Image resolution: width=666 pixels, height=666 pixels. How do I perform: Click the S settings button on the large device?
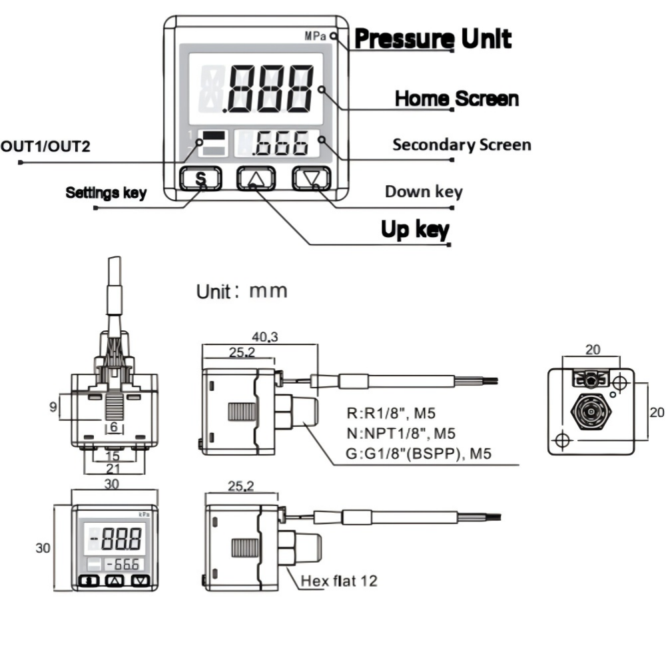pos(201,178)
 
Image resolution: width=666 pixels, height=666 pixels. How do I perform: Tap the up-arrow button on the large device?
pos(256,178)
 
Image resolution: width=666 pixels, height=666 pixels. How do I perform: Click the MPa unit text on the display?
pos(315,37)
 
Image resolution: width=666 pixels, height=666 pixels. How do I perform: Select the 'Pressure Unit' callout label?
pos(433,39)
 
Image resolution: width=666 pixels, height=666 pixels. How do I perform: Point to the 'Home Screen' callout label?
pos(457,99)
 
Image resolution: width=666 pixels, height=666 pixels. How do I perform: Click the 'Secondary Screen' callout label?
pos(462,145)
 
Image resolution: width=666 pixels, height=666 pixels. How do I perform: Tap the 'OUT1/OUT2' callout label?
pos(45,147)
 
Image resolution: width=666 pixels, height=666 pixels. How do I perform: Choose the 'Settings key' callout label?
pos(106,193)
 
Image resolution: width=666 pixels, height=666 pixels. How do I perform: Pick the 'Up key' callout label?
pos(415,230)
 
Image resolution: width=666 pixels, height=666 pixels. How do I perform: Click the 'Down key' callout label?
pos(424,192)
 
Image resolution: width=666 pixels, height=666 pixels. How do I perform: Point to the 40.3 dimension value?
pos(264,337)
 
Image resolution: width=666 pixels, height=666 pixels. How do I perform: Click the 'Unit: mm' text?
pos(242,292)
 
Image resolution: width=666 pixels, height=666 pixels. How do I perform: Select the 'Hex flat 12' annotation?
pos(339,581)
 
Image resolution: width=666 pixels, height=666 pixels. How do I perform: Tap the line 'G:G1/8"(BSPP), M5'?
pos(418,454)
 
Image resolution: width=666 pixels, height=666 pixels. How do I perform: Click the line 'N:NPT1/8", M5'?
pos(401,434)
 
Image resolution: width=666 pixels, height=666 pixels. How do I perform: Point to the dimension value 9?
pos(53,407)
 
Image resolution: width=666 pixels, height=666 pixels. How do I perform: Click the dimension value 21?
pos(113,469)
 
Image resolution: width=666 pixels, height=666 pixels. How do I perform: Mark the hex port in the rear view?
pos(591,412)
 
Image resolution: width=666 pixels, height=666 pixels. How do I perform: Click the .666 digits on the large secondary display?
pos(280,144)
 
